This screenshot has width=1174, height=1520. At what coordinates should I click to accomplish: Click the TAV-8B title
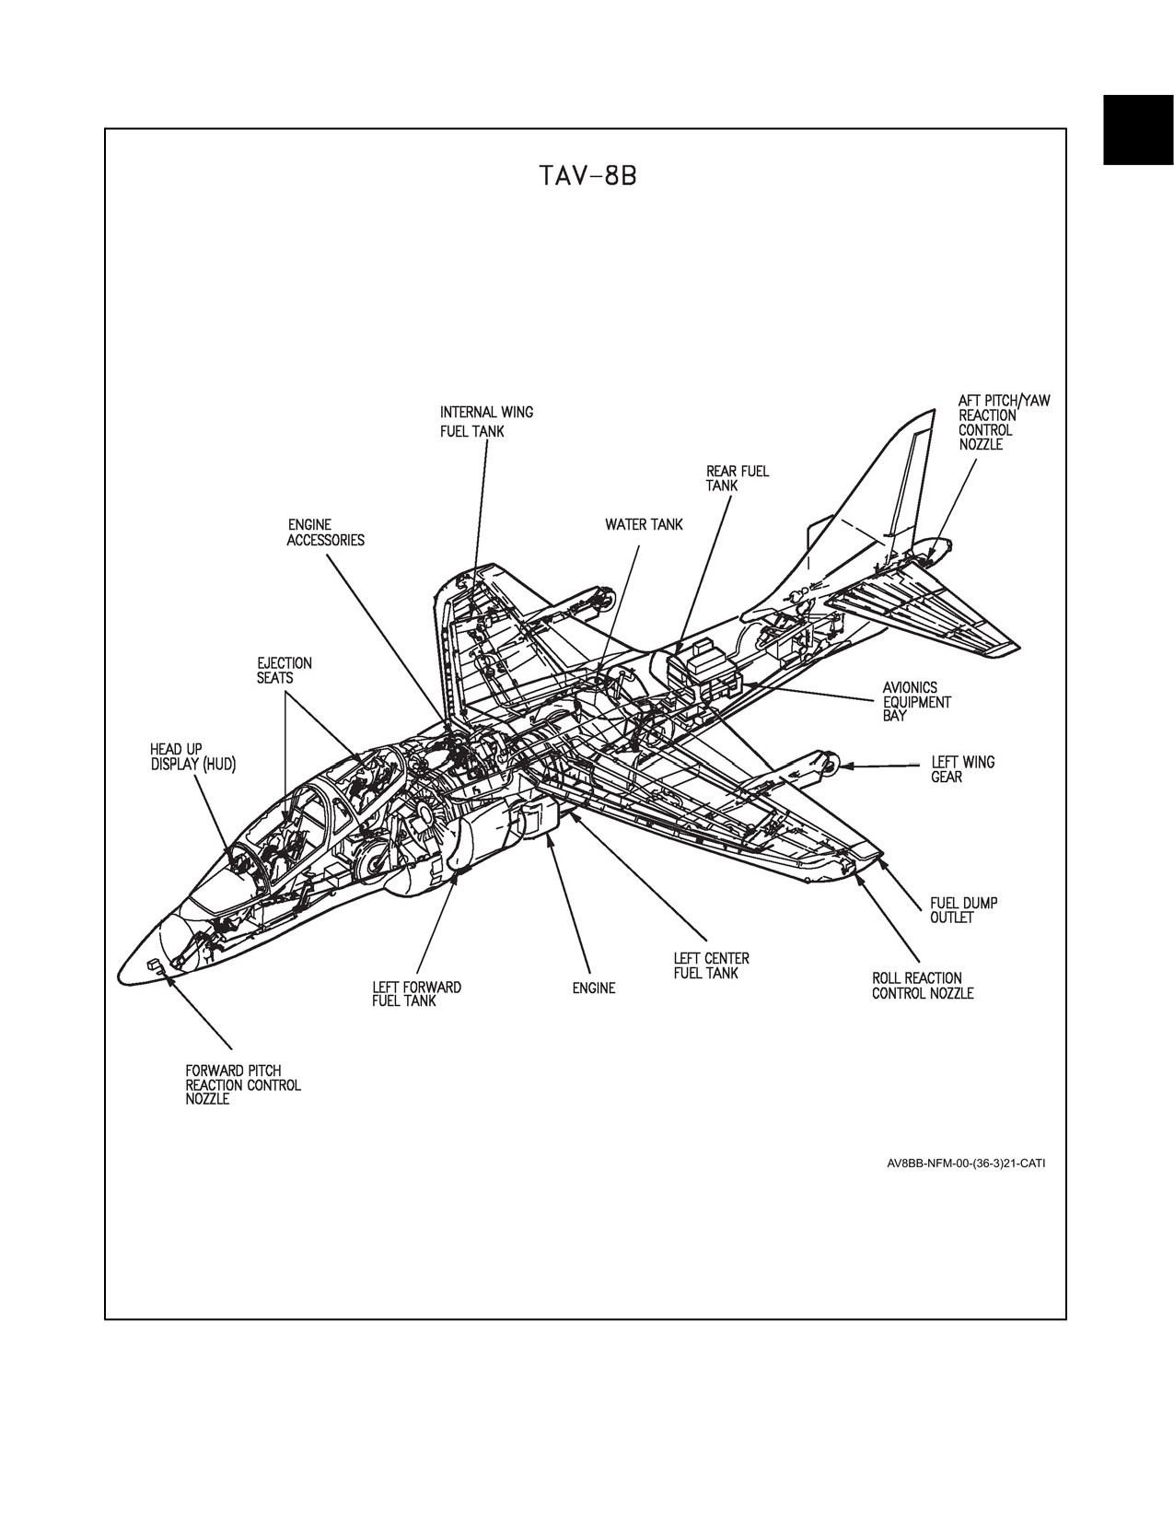click(x=588, y=176)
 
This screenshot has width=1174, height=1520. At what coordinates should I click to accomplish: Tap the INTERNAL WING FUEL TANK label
click(x=486, y=422)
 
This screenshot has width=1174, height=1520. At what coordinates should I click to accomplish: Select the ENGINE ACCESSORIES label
click(x=325, y=532)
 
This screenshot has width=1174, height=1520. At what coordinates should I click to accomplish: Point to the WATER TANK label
click(x=644, y=524)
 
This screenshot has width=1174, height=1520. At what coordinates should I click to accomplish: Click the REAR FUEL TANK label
click(x=737, y=478)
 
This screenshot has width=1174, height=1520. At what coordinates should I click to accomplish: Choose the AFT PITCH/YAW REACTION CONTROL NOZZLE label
click(x=1004, y=423)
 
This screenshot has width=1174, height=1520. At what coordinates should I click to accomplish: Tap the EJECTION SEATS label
click(x=284, y=670)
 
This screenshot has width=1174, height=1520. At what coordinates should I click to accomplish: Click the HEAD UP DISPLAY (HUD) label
click(x=193, y=757)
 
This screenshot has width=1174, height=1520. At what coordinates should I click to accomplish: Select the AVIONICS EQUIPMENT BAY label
click(x=916, y=702)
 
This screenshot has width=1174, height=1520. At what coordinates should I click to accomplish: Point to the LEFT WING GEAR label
click(x=962, y=769)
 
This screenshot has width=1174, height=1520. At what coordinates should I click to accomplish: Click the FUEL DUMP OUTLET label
click(x=963, y=910)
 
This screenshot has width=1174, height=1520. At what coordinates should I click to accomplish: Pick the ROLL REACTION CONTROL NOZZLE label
click(x=923, y=986)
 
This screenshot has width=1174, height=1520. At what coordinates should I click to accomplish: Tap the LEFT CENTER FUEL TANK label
click(x=711, y=966)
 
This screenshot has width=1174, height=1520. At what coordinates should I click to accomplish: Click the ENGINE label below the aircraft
click(x=594, y=988)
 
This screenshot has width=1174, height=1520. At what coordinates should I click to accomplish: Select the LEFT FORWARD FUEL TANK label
click(x=417, y=994)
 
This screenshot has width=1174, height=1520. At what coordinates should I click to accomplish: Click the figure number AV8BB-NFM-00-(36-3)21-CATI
click(x=966, y=1164)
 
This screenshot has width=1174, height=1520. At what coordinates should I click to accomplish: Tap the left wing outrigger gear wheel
click(x=831, y=765)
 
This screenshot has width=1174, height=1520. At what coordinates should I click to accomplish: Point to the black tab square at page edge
click(x=1138, y=131)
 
